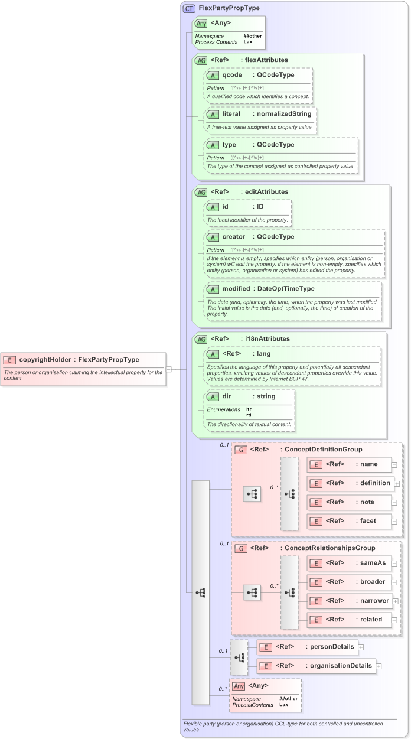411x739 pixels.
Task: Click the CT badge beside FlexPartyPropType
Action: pos(189,9)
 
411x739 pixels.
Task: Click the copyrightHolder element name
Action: pos(45,359)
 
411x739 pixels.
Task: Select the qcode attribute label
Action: pos(232,75)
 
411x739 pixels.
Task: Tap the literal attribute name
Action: pos(233,114)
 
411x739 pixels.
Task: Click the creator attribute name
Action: pos(234,237)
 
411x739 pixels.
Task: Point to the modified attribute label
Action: pos(236,289)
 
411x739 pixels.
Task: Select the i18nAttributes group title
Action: pos(268,339)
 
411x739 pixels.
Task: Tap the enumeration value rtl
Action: pos(249,415)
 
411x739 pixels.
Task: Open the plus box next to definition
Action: pos(397,483)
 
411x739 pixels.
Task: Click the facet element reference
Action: pos(369,520)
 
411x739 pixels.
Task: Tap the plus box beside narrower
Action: pos(395,601)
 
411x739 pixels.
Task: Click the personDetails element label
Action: pos(330,647)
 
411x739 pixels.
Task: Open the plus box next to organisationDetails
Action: pos(379,666)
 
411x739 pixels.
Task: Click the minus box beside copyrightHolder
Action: pos(169,369)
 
